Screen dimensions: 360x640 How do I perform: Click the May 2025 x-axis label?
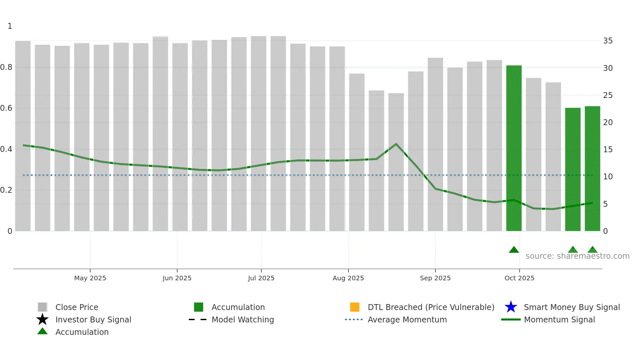90,278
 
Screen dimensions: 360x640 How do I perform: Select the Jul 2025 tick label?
261,278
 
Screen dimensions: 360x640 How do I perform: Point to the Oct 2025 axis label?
519,278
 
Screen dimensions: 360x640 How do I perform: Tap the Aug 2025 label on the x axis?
348,278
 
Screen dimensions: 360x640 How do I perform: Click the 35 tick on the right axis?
608,41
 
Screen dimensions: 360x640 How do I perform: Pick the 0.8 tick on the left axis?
7,67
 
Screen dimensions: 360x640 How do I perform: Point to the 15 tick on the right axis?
608,150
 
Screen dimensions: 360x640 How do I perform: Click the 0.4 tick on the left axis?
7,149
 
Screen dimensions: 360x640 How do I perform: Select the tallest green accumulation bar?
514,148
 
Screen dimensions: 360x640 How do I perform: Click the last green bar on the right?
592,169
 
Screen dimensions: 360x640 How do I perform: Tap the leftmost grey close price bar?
23,136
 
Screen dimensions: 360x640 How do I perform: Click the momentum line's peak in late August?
396,144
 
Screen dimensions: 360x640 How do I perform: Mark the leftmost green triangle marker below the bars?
514,250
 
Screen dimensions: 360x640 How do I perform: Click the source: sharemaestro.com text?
577,256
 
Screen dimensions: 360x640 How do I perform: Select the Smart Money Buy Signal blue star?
511,307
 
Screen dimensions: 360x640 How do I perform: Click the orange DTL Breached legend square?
355,307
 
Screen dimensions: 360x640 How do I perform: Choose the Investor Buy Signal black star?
42,319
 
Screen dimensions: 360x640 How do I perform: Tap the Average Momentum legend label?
407,319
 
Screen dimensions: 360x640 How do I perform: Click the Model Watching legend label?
243,319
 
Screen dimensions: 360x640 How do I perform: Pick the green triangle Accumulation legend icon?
42,331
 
